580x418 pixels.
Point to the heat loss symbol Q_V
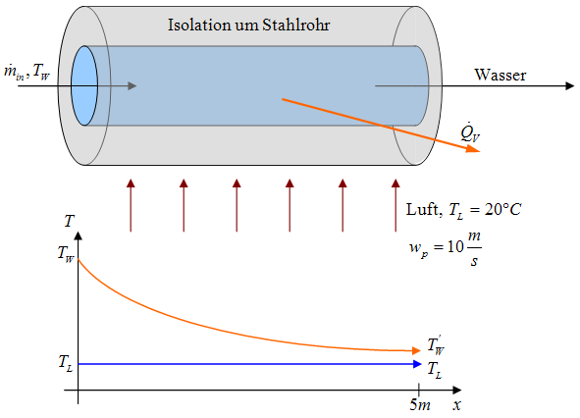coord(470,131)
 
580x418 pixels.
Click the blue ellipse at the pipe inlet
coord(84,84)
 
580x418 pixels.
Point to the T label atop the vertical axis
coord(69,222)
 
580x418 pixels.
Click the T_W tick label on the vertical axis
coord(65,258)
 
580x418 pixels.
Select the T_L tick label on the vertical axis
coord(65,362)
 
